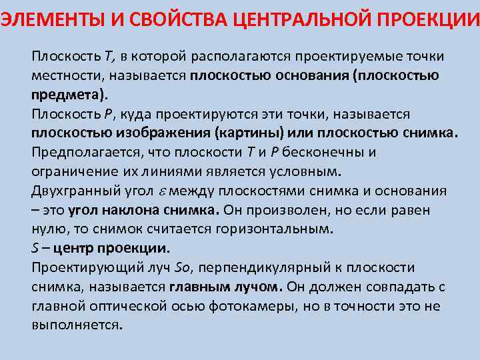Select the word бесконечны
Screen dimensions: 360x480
[315, 152]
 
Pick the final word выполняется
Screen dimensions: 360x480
[76, 326]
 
